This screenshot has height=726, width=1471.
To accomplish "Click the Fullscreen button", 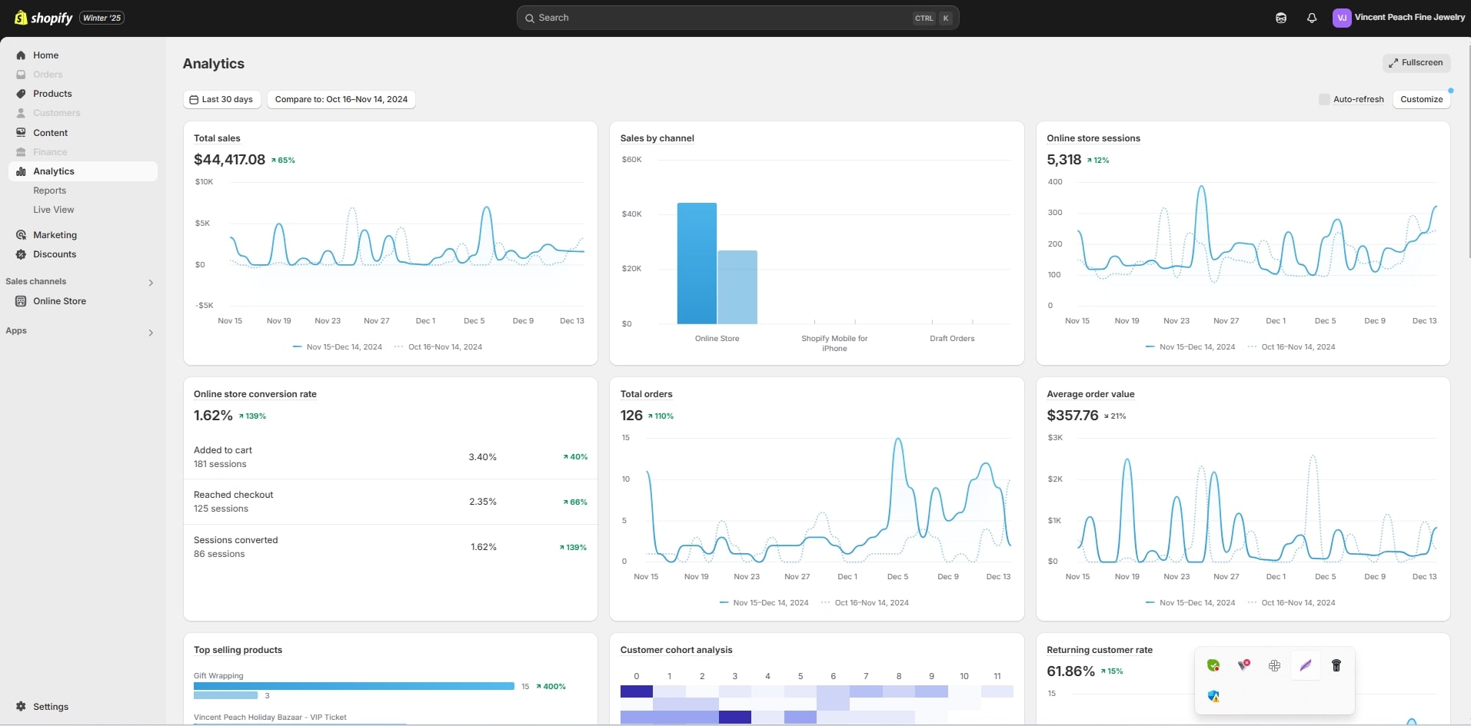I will point(1416,63).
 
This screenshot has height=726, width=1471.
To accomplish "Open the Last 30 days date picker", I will point(221,99).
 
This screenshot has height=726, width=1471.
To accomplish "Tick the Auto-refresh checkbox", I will point(1324,99).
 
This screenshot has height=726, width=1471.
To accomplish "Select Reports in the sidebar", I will point(49,191).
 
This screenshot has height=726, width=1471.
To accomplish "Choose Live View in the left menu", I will point(53,210).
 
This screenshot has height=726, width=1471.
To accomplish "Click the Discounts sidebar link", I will point(54,254).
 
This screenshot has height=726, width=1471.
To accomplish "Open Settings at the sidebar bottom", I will point(50,707).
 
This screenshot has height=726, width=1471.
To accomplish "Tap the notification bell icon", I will point(1312,18).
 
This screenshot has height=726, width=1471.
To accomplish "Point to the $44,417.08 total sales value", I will point(229,160).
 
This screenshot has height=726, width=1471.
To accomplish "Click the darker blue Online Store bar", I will point(697,264).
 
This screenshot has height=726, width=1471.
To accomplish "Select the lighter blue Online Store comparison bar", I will point(737,287).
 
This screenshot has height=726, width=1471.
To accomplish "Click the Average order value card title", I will point(1090,394).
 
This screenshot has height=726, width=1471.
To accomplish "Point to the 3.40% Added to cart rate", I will point(482,457).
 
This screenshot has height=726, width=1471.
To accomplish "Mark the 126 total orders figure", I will point(631,416).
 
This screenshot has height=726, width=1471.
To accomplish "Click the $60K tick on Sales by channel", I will point(631,160).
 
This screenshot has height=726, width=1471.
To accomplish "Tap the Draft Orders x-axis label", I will point(951,339).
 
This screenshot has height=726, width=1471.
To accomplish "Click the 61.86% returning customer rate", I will point(1070,671).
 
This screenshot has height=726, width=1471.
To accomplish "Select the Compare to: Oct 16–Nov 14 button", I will point(341,99).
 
